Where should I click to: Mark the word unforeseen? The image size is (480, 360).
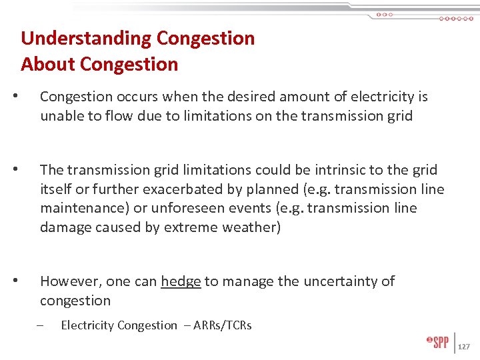point(192,208)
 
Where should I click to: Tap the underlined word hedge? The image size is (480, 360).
point(181,281)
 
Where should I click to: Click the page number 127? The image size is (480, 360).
point(465,347)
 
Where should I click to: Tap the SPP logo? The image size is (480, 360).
point(437,342)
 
